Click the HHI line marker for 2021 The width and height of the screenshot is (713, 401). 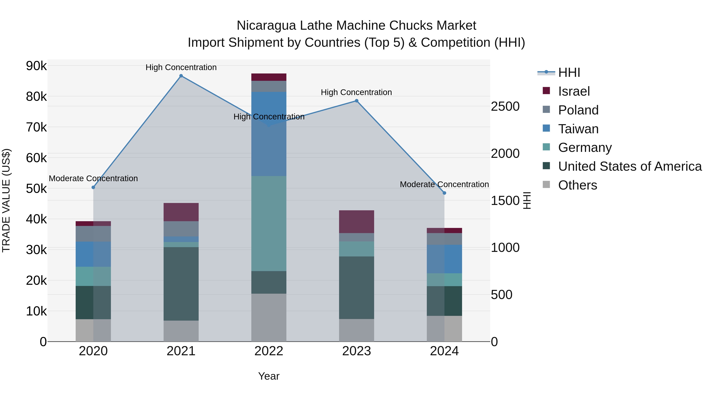click(181, 76)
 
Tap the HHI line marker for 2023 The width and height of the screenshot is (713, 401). click(356, 101)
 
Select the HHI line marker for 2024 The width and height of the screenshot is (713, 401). click(444, 193)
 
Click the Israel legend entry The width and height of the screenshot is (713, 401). click(574, 91)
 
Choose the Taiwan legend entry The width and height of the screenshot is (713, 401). click(578, 129)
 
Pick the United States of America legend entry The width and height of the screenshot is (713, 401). click(630, 166)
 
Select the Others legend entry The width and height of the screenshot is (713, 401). click(577, 185)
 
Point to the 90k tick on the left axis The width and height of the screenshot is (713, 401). click(36, 66)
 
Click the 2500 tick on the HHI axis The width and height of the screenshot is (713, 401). click(505, 107)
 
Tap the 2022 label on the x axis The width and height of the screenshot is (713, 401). click(269, 351)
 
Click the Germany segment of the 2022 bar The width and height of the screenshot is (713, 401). click(269, 223)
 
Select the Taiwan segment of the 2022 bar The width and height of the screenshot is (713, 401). click(269, 134)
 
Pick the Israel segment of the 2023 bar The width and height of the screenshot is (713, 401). click(356, 221)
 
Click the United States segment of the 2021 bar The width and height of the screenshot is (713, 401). click(181, 284)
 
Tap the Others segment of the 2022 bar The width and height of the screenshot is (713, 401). click(269, 317)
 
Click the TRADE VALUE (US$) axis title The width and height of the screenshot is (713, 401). click(6, 200)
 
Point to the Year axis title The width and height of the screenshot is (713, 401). click(269, 376)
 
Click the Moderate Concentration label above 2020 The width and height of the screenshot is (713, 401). click(93, 178)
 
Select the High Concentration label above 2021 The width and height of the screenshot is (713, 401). click(181, 67)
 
